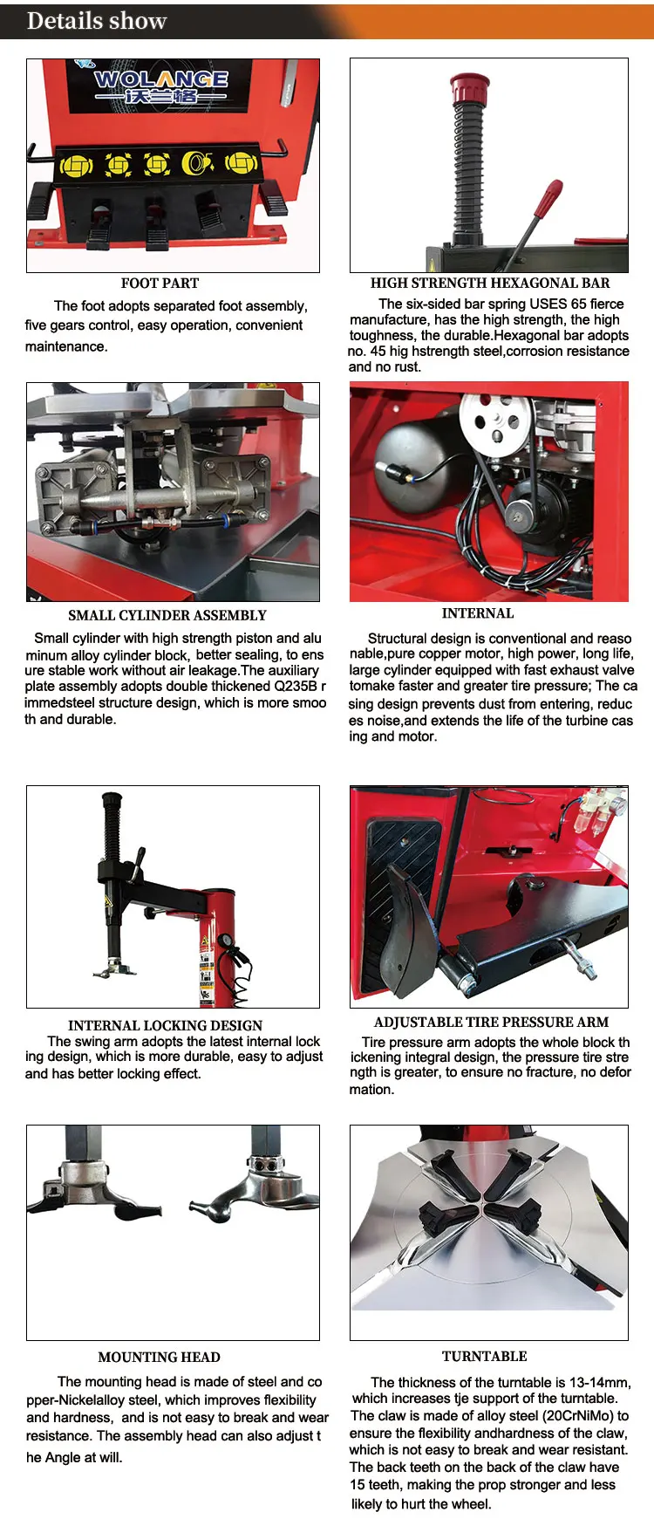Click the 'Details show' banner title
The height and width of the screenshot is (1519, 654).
point(97,21)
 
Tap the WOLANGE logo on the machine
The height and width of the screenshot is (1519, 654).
point(161,86)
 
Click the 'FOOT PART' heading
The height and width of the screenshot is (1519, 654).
point(160,284)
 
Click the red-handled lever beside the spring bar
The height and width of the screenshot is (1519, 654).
point(548,200)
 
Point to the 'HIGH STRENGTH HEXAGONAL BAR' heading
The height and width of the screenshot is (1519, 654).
point(489,284)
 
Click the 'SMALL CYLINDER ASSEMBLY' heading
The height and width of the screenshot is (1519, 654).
point(167,615)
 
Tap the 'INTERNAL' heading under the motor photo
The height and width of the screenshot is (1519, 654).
point(478,613)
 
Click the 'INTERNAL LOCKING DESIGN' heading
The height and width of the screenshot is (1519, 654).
point(165,1025)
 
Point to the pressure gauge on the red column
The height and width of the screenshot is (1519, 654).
point(227,942)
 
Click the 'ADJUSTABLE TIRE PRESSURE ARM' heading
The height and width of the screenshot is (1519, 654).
point(491,1022)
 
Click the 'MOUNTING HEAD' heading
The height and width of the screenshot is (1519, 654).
point(159,1357)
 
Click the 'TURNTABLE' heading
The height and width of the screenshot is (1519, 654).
point(484,1356)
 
